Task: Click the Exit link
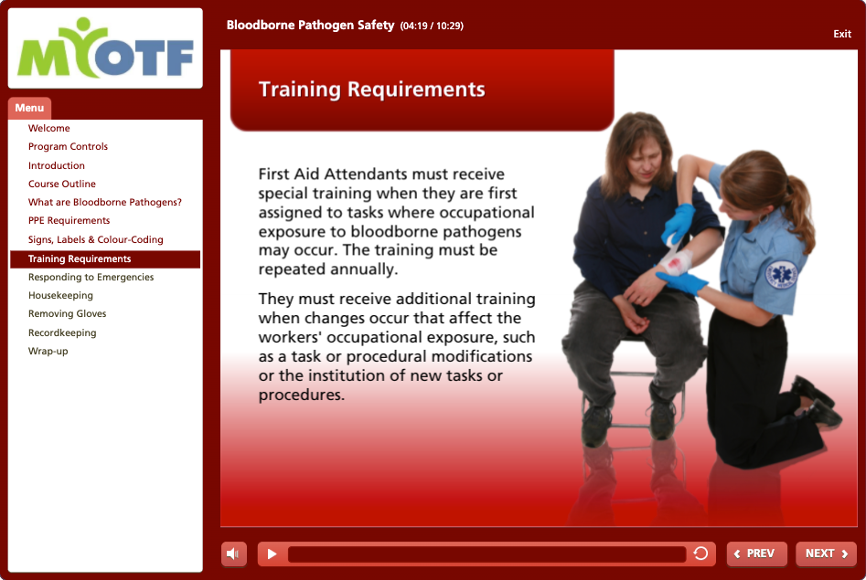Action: click(x=841, y=34)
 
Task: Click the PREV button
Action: click(x=756, y=554)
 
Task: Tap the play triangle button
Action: click(x=272, y=554)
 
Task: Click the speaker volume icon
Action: click(x=233, y=554)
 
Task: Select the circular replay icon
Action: click(x=700, y=553)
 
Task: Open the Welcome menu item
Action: click(x=49, y=128)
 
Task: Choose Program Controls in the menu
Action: click(x=68, y=146)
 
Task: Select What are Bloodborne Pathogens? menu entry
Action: click(x=105, y=202)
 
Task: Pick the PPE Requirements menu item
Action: click(x=69, y=220)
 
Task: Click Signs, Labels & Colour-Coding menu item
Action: click(x=95, y=239)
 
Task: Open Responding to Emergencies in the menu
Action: click(x=91, y=277)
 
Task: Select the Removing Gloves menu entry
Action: click(x=68, y=313)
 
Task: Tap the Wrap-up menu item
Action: click(x=48, y=351)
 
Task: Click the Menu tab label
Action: click(x=29, y=108)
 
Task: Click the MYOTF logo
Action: click(x=105, y=48)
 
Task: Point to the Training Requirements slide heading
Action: click(x=371, y=90)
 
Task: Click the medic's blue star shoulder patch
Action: click(x=782, y=274)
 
